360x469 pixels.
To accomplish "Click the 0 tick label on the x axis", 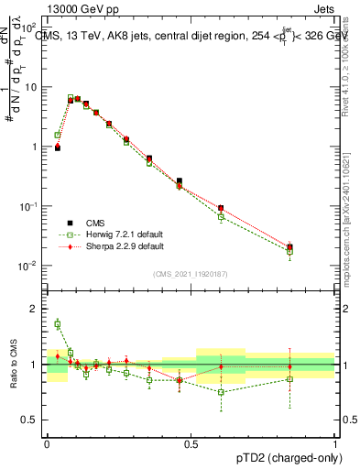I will click(47, 443).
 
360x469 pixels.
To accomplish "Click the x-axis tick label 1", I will click(335, 443).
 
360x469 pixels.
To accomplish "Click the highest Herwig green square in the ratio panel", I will click(58, 323).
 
